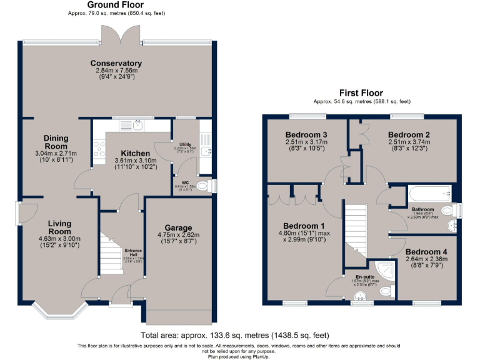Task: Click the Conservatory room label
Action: pyautogui.click(x=116, y=63)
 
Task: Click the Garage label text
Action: pyautogui.click(x=178, y=227)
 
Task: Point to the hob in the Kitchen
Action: pyautogui.click(x=99, y=149)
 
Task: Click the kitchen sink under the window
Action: pyautogui.click(x=139, y=126)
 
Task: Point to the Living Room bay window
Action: pyautogui.click(x=56, y=310)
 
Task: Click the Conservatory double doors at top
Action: pyautogui.click(x=119, y=35)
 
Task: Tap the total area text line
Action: pyautogui.click(x=239, y=336)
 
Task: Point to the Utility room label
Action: pyautogui.click(x=184, y=144)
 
